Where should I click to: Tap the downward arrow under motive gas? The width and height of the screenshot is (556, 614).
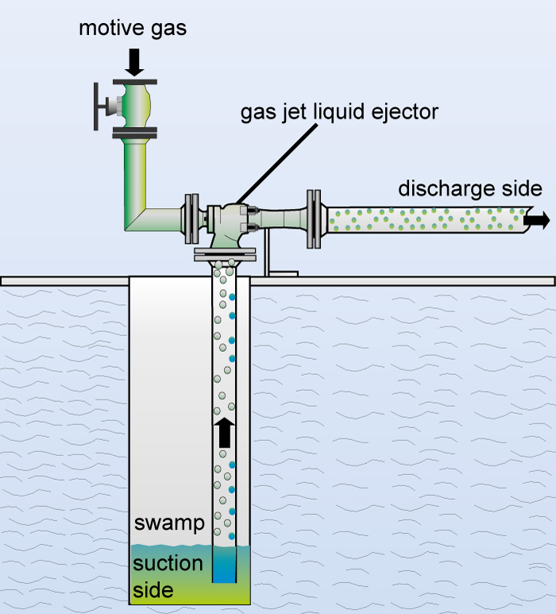pyautogui.click(x=134, y=61)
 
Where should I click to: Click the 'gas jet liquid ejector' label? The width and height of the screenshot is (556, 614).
pyautogui.click(x=339, y=112)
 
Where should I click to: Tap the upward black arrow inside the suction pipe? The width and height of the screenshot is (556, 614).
pyautogui.click(x=224, y=433)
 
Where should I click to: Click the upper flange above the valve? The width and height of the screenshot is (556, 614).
pyautogui.click(x=134, y=81)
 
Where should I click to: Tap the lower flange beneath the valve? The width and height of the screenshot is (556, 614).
pyautogui.click(x=134, y=131)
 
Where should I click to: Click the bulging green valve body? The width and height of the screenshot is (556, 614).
pyautogui.click(x=134, y=106)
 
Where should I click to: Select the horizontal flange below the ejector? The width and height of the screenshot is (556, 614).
pyautogui.click(x=225, y=256)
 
